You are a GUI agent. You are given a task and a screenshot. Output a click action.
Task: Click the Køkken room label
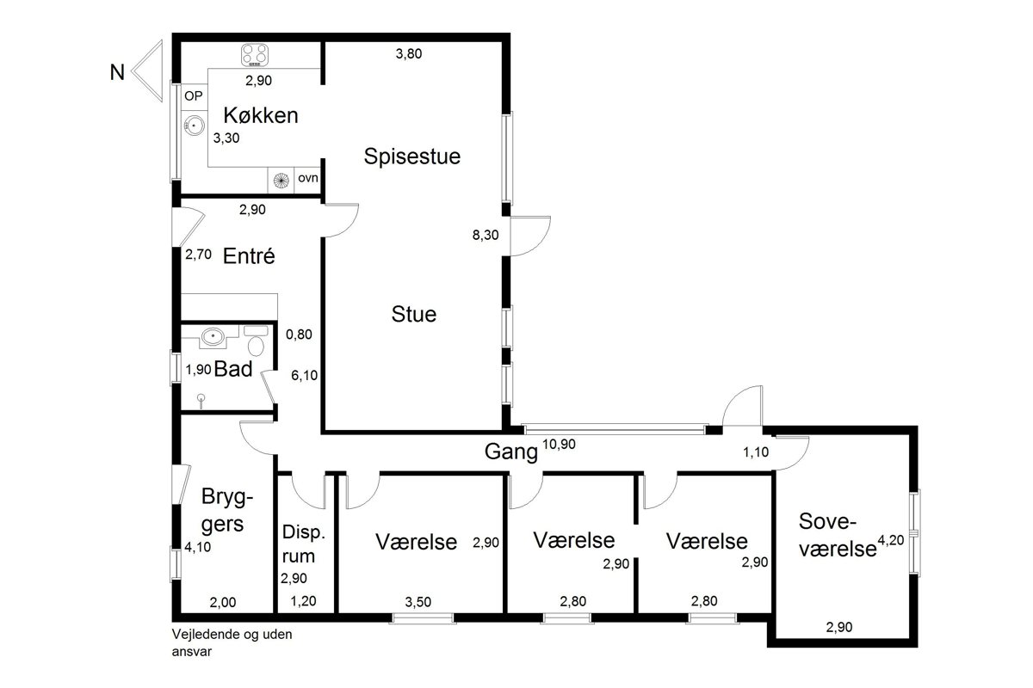coord(261,115)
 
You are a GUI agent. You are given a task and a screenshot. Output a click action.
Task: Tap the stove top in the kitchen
coord(255,54)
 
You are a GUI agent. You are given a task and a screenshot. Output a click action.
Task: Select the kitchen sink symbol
coord(195,125)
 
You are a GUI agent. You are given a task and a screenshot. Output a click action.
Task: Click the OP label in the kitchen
coord(193,95)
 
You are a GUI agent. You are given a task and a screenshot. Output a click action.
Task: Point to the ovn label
coord(308,178)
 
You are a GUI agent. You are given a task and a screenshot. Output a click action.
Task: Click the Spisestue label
coord(411,157)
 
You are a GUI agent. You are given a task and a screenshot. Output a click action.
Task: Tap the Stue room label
coord(414,314)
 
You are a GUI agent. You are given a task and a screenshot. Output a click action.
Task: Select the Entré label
coord(249,255)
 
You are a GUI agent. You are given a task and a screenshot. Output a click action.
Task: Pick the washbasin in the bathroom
coord(213,336)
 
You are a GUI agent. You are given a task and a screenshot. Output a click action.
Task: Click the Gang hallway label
coord(511,451)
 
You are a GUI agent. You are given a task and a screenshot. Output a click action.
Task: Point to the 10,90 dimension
coord(559,445)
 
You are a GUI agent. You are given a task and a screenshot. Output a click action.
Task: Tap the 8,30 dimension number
coord(486,235)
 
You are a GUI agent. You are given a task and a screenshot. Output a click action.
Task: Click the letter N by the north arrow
coord(117,72)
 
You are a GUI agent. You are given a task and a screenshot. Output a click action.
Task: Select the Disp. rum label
coord(304,544)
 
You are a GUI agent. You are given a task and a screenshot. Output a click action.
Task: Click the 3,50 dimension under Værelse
coord(418,602)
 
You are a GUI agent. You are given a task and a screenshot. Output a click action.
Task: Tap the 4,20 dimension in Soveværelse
coord(890,540)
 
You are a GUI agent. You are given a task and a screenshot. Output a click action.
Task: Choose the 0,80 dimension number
coord(299,334)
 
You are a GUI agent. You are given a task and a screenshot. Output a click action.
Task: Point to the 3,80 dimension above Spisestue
coord(409,54)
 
